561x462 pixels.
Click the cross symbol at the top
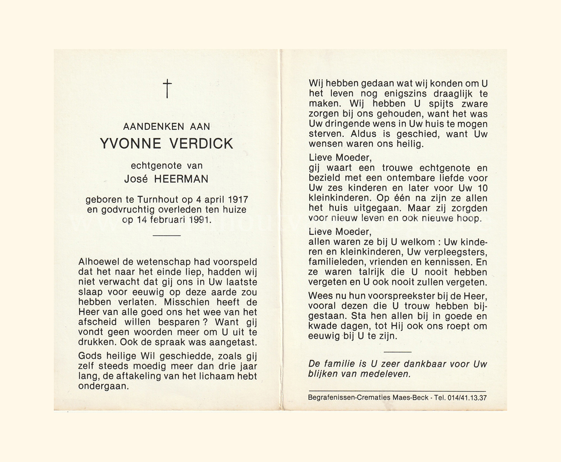coord(167,88)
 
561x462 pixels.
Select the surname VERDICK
coord(201,144)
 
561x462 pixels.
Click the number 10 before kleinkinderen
coord(482,188)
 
